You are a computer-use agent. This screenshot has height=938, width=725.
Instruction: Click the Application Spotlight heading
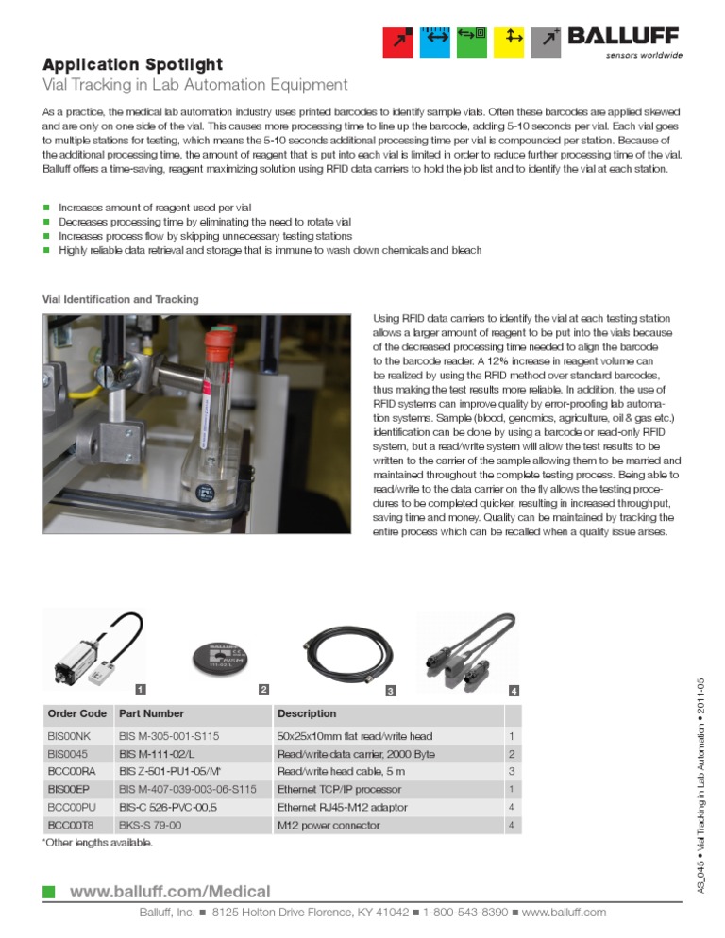[x=132, y=65]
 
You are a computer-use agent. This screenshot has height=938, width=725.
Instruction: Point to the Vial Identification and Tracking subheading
[x=121, y=299]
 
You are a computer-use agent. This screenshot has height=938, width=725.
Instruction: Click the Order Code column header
[x=76, y=713]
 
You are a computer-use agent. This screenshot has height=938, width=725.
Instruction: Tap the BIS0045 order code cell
[x=67, y=754]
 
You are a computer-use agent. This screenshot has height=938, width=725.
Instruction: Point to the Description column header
[x=306, y=713]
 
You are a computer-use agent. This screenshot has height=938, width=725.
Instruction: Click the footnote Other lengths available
[x=98, y=843]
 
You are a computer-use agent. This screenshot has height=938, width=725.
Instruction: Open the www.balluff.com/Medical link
[x=170, y=892]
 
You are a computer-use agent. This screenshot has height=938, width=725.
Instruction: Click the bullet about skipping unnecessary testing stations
[x=205, y=236]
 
